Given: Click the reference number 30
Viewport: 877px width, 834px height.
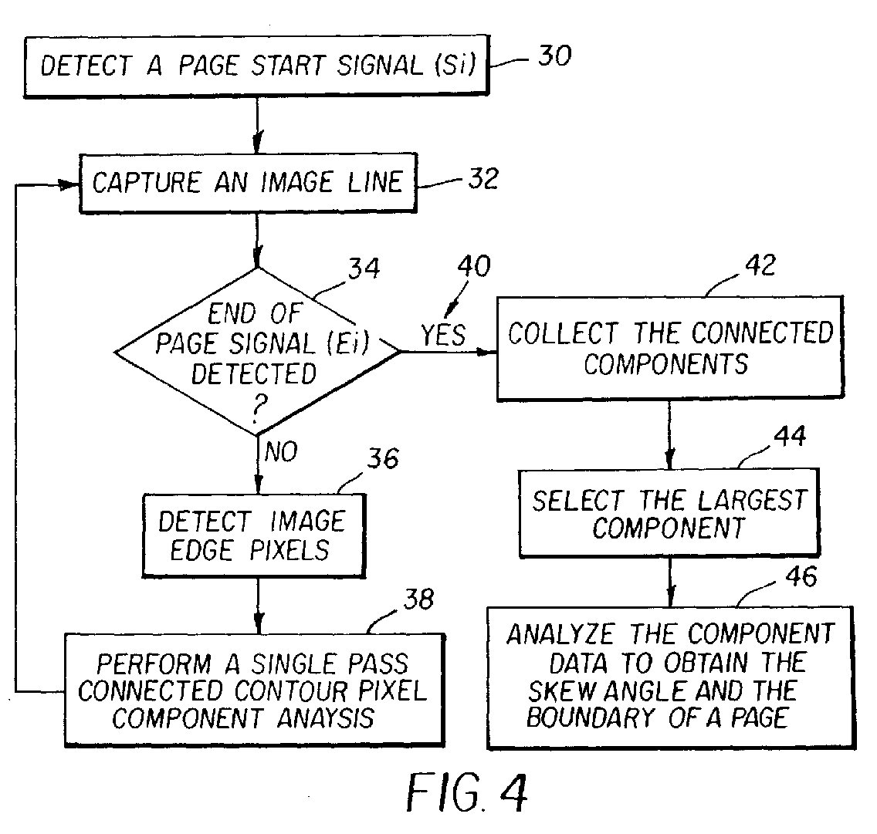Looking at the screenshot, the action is pyautogui.click(x=554, y=56).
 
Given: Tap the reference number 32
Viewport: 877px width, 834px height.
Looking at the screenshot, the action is pyautogui.click(x=483, y=179).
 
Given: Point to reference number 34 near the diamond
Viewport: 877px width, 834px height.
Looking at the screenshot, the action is pyautogui.click(x=364, y=268).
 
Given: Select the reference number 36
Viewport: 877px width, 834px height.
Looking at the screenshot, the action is pyautogui.click(x=383, y=458).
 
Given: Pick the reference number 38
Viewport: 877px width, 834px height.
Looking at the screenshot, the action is pyautogui.click(x=419, y=599).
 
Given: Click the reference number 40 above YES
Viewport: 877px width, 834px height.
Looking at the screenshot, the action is pyautogui.click(x=474, y=266).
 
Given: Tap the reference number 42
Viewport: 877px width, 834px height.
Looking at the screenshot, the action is pyautogui.click(x=760, y=265).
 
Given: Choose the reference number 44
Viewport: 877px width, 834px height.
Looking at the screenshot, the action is pyautogui.click(x=790, y=436).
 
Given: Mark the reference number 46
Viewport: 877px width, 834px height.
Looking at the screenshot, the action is pyautogui.click(x=801, y=576).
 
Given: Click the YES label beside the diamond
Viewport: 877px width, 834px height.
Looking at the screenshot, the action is pyautogui.click(x=444, y=336).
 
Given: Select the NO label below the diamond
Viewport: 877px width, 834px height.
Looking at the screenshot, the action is pyautogui.click(x=281, y=451).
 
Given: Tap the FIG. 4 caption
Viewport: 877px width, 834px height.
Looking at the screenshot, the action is pyautogui.click(x=467, y=792).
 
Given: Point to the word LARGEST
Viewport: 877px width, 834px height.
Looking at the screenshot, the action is pyautogui.click(x=752, y=500).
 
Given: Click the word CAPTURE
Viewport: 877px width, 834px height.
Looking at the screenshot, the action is pyautogui.click(x=147, y=183).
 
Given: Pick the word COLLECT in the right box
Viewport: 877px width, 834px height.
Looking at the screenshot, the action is pyautogui.click(x=564, y=333).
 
